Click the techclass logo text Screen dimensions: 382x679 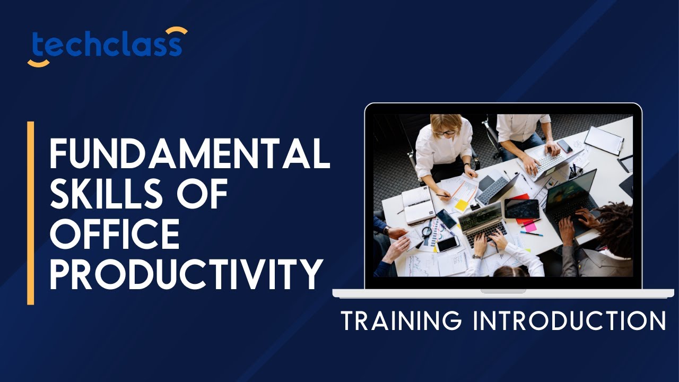pyautogui.click(x=106, y=46)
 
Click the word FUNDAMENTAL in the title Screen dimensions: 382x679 pyautogui.click(x=189, y=153)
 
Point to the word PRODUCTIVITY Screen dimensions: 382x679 pyautogui.click(x=186, y=274)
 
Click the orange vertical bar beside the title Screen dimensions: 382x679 pyautogui.click(x=31, y=213)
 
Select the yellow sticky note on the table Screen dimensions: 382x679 pyautogui.click(x=463, y=205)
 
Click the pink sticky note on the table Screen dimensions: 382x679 pyautogui.click(x=530, y=227)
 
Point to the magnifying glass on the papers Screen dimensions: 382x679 pyautogui.click(x=426, y=231)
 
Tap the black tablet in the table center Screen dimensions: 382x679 pyautogui.click(x=521, y=209)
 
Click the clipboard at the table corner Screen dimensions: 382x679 pyautogui.click(x=604, y=140)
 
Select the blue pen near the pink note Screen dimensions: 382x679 pyautogui.click(x=531, y=233)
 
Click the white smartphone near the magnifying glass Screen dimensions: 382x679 pyautogui.click(x=448, y=244)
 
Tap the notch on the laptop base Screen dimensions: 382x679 pyautogui.click(x=503, y=291)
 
